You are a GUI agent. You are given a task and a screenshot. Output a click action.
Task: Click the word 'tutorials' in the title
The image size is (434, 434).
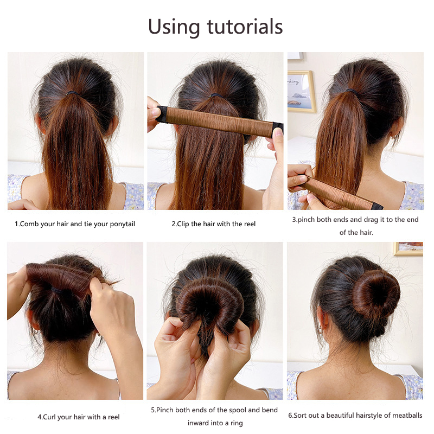[x=245, y=27]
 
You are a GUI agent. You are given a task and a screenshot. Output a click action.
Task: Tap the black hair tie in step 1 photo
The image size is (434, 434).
[x=72, y=93]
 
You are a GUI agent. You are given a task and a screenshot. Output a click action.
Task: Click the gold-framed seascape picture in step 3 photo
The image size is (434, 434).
[x=302, y=92]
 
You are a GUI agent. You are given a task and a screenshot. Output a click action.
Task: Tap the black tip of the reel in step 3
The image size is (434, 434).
[x=378, y=207]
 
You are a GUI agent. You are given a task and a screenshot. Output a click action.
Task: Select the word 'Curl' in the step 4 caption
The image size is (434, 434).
[x=49, y=417]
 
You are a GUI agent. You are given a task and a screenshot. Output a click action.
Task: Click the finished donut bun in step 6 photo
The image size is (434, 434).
[x=376, y=294]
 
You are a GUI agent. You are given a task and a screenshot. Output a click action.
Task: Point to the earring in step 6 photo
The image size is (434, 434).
[x=320, y=329]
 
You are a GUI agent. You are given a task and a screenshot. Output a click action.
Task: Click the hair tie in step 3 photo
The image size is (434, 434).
[x=352, y=91]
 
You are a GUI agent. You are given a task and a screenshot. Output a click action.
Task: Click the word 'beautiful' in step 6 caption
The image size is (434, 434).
[x=340, y=415]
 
